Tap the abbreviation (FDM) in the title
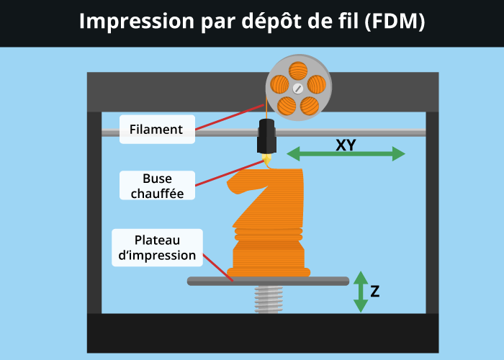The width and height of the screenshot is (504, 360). tap(395, 22)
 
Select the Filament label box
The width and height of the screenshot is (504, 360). tap(156, 130)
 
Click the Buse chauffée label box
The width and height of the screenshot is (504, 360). tap(157, 186)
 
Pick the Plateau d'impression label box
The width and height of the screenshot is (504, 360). tap(157, 248)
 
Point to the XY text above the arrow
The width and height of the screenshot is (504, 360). tap(346, 145)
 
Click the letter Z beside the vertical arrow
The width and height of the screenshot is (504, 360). tap(375, 292)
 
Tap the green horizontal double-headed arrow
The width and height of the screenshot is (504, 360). tap(346, 154)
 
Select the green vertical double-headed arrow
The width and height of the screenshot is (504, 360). tap(360, 292)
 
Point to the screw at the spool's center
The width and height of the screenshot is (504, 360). tap(298, 89)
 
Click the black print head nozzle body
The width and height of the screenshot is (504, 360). tap(266, 137)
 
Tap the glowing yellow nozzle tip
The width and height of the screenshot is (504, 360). tap(267, 157)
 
